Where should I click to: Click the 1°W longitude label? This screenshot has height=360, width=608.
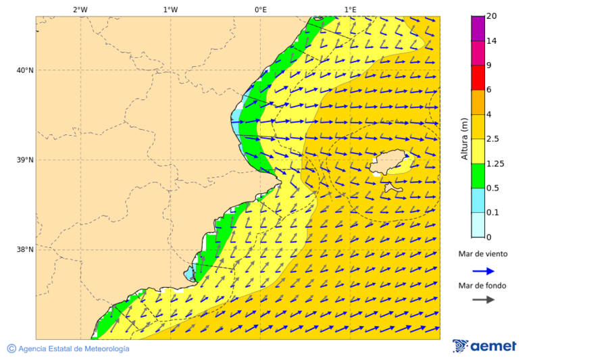coord(170,9)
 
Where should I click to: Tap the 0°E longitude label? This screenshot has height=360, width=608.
coord(260,9)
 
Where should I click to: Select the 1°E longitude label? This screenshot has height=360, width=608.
coord(350,9)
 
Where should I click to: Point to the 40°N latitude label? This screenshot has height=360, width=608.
coord(24,70)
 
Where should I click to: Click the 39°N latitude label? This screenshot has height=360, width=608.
coord(24,160)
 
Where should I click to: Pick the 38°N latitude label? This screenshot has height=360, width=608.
coord(24,249)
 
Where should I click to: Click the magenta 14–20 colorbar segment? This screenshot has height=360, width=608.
coord(478,28)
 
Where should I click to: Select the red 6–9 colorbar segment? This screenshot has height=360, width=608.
coord(478,78)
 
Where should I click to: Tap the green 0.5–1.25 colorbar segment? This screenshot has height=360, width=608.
coord(478,176)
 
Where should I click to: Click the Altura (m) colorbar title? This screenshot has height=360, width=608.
coord(464,138)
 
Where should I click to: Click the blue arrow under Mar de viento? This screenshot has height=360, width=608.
coord(483,271)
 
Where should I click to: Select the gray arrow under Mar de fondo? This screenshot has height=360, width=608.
coord(483,300)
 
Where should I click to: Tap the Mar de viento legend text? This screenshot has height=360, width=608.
coord(482,255)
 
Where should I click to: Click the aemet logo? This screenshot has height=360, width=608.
coord(484,346)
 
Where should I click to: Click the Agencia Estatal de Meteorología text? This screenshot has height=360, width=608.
coord(73,349)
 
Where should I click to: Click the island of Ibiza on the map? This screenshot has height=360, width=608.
coord(390,162)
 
